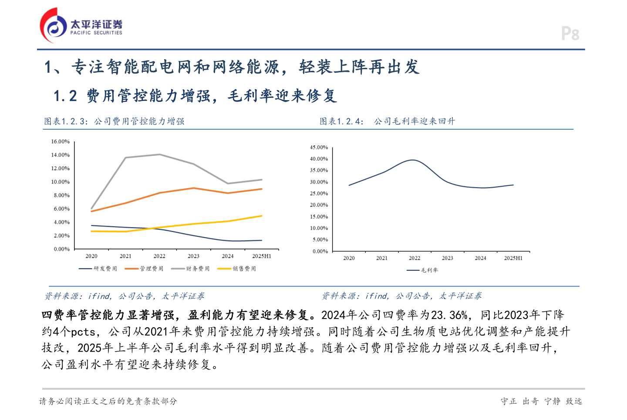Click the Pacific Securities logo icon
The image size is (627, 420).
[x=53, y=25]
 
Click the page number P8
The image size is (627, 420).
[x=570, y=34]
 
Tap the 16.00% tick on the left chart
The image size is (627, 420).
[x=61, y=141]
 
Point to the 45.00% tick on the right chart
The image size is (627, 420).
[x=319, y=148]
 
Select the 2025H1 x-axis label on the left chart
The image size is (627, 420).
[x=261, y=256]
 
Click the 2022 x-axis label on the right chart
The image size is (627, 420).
[x=415, y=258]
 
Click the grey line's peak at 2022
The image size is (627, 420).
[x=160, y=155]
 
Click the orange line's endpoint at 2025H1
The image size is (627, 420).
[x=262, y=189]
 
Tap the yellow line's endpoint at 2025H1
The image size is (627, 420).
[x=262, y=216]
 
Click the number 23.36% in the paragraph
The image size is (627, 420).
[x=449, y=315]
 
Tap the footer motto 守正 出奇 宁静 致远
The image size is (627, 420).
[x=541, y=401]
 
